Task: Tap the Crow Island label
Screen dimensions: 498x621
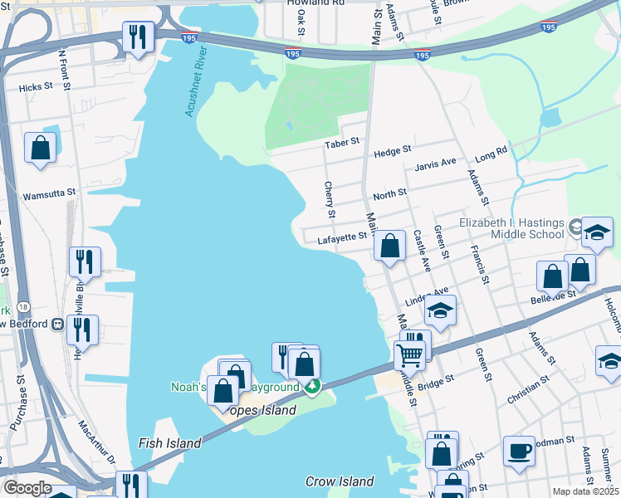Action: coord(340,481)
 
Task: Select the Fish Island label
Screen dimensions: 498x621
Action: coord(170,443)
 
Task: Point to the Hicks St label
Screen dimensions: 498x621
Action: coord(35,86)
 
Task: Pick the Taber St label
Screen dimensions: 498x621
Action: coord(341,142)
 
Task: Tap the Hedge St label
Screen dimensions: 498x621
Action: coord(393,150)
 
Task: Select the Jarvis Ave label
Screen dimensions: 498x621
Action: coord(436,163)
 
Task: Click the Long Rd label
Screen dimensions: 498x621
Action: coord(490,154)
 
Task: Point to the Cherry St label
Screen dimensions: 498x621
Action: coord(330,200)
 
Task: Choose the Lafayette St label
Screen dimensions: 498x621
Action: coord(342,239)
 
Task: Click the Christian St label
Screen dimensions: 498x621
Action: coord(529,389)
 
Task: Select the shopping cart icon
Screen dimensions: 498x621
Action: coord(409,354)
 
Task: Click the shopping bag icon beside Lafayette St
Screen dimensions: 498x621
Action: coord(389,246)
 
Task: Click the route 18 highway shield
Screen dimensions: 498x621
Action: coord(23,306)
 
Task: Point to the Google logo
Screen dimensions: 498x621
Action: coord(27,488)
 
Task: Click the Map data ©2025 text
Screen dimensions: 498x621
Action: coord(586,491)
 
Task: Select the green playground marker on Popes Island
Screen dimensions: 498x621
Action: coord(312,386)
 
